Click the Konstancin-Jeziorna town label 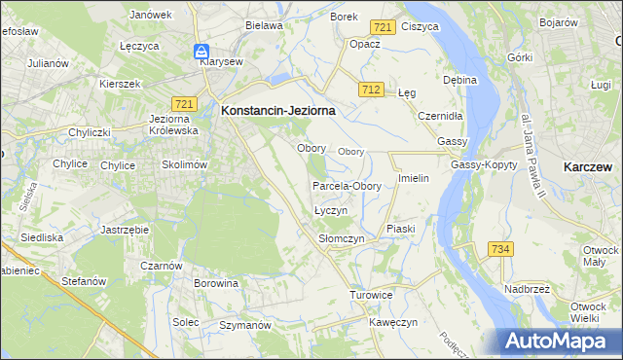(x=278, y=111)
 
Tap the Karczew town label (x=588, y=167)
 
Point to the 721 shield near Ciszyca (x=384, y=28)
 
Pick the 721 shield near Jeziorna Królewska (x=183, y=103)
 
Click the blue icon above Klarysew (x=201, y=51)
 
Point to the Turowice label (x=372, y=294)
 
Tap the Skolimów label (x=185, y=165)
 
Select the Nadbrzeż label (x=529, y=289)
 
